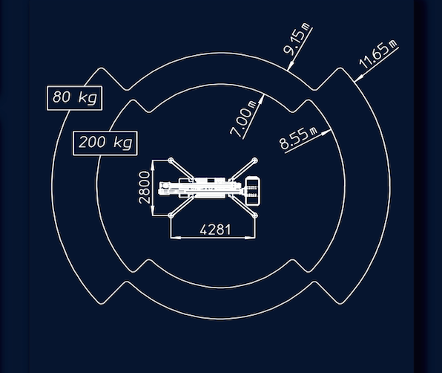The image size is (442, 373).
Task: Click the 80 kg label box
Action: pos(74,98)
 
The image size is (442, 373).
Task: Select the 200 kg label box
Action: pos(105,143)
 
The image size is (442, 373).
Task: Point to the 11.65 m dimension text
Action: pos(377,54)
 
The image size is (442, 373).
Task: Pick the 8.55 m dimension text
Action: pos(298,138)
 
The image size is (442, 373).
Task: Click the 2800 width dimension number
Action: pos(145,187)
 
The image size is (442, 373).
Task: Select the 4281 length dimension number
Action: pos(215,230)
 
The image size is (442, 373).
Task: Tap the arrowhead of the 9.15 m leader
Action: pos(290,65)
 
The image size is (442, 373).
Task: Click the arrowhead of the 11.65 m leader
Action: pos(358,79)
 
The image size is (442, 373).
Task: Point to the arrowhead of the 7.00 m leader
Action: pos(262,99)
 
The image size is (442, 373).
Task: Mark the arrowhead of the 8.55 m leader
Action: pos(327,132)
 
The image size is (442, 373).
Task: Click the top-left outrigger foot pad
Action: pos(171,160)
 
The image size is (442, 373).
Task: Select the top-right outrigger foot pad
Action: pos(255,160)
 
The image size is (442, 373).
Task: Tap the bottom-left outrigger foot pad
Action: pos(171,215)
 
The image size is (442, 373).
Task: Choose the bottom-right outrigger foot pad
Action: pos(255,215)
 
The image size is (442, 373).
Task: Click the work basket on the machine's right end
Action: pos(253,191)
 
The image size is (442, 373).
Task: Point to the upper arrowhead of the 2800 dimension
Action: pos(153,165)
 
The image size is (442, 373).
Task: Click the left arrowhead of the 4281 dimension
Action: pos(176,238)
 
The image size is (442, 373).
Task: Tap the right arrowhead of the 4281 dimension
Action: pos(250,238)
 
